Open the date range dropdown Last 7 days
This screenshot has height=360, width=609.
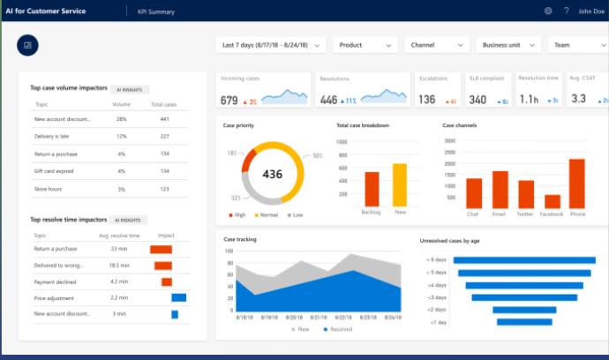point(270,45)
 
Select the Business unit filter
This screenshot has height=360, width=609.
point(507,45)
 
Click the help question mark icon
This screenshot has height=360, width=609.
point(566,11)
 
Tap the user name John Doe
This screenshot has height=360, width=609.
point(590,11)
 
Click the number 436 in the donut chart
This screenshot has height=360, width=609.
point(273,174)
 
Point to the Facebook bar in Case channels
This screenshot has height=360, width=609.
point(553,200)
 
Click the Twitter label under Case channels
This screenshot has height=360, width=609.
point(526,214)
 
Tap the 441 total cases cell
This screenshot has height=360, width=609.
point(164,119)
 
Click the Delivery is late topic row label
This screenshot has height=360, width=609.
point(51,136)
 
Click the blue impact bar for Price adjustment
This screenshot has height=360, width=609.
point(178,297)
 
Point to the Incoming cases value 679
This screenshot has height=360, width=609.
point(229,101)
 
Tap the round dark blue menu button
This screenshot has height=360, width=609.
point(27,45)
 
